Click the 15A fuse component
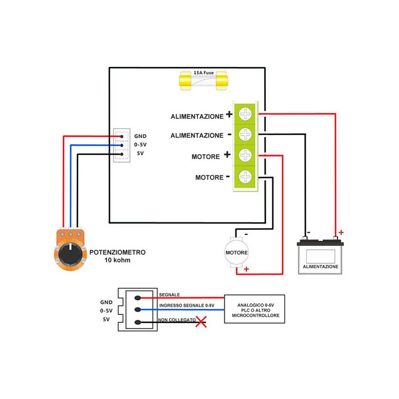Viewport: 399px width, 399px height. click(x=203, y=81)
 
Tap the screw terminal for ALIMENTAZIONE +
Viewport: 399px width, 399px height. click(x=245, y=114)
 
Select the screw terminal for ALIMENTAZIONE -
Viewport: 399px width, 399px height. click(x=245, y=134)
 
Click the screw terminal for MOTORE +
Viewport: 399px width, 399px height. click(x=245, y=155)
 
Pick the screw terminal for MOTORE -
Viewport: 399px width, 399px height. click(x=245, y=177)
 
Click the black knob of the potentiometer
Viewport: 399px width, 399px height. click(x=70, y=254)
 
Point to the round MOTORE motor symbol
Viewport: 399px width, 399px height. click(x=236, y=252)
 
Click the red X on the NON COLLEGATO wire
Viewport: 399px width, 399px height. click(x=201, y=322)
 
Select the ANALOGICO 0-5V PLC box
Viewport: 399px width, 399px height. click(x=254, y=309)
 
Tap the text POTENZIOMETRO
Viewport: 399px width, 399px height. click(x=117, y=252)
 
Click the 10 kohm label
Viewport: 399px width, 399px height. click(x=117, y=260)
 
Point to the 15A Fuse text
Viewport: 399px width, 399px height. click(x=203, y=73)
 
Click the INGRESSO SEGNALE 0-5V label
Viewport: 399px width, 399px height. click(x=187, y=305)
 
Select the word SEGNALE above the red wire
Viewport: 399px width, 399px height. click(x=170, y=295)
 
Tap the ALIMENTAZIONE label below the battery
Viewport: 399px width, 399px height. click(x=320, y=267)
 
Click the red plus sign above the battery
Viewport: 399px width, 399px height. click(x=341, y=232)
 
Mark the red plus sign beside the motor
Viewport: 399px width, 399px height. click(x=246, y=269)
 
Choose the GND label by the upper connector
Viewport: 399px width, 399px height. click(x=140, y=136)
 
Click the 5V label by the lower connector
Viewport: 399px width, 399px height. click(x=106, y=319)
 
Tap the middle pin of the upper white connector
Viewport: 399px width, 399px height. click(x=122, y=145)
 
